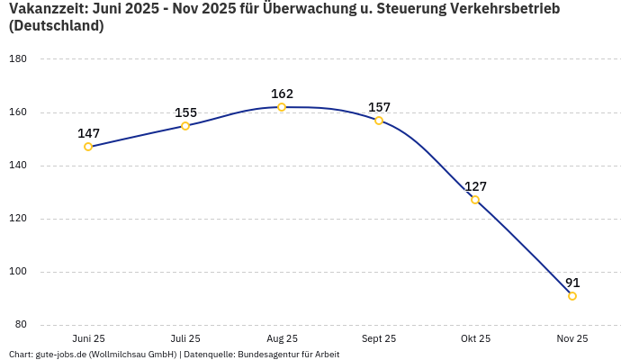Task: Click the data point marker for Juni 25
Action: pyautogui.click(x=88, y=147)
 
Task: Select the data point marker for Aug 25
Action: pyautogui.click(x=282, y=107)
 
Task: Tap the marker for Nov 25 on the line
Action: pyautogui.click(x=572, y=296)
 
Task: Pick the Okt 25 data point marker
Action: pyautogui.click(x=475, y=200)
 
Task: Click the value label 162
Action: pyautogui.click(x=282, y=94)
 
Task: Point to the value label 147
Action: pyautogui.click(x=88, y=133)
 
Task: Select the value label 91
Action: pyautogui.click(x=572, y=283)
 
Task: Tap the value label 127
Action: pyautogui.click(x=475, y=186)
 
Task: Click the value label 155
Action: pyautogui.click(x=185, y=112)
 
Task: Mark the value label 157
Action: pyautogui.click(x=379, y=107)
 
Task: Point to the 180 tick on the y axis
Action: pyautogui.click(x=18, y=59)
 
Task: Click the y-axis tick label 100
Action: pyautogui.click(x=18, y=272)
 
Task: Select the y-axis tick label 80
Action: pyautogui.click(x=21, y=325)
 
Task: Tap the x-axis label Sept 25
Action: pyautogui.click(x=379, y=339)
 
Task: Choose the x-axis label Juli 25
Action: pyautogui.click(x=185, y=339)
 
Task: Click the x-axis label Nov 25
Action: pyautogui.click(x=572, y=339)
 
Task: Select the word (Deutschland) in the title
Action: pyautogui.click(x=56, y=26)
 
